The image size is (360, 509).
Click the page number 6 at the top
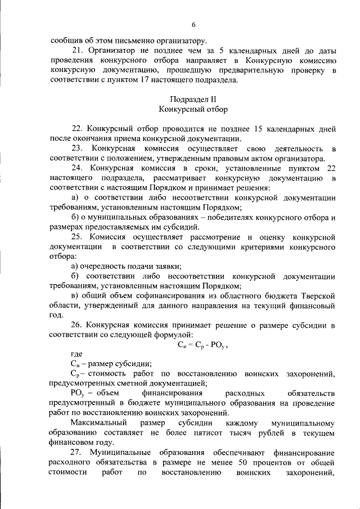[x=193, y=25]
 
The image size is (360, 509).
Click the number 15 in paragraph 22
[x=262, y=128]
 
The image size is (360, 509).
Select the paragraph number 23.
[x=77, y=148]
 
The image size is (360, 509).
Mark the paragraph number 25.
[x=77, y=237]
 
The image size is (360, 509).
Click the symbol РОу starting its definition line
[x=78, y=393]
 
